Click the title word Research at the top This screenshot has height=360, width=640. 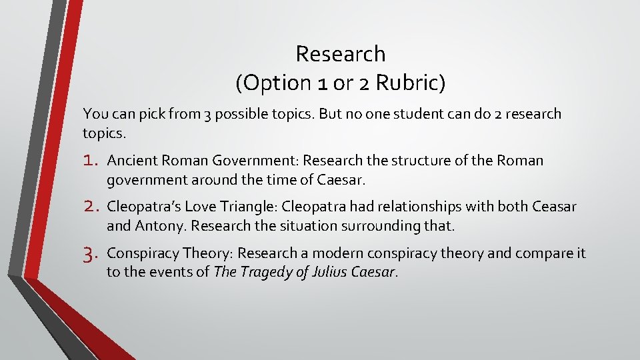click(340, 53)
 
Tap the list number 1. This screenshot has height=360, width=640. click(92, 161)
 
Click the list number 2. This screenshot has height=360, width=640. click(92, 207)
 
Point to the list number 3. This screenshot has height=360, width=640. click(92, 253)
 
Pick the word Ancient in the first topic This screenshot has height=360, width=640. click(131, 161)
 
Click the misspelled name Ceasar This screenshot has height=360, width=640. click(554, 207)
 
